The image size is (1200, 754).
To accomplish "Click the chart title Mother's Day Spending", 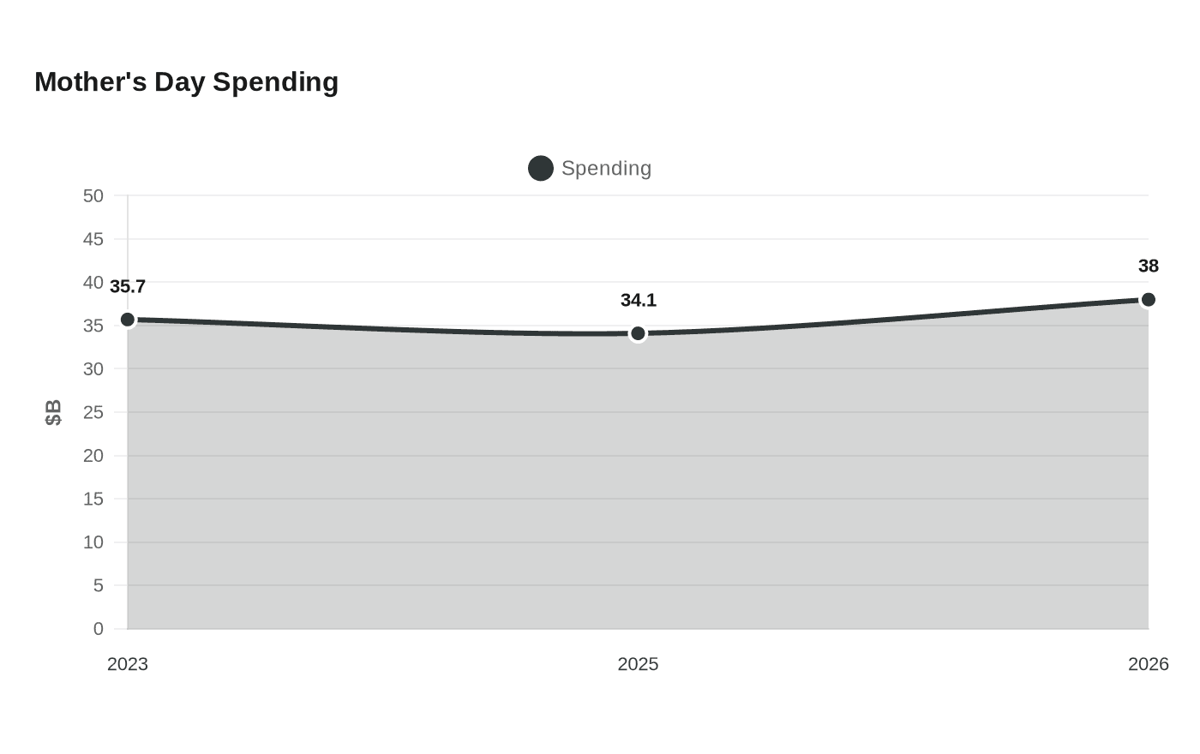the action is coord(187,82).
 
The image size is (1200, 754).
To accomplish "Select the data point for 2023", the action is coord(128,320).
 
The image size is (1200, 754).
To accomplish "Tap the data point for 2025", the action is coord(638,333).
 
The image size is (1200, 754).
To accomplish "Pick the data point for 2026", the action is coord(1148,299).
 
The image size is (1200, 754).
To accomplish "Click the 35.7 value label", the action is coord(128,286).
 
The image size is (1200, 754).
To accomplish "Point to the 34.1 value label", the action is coord(638,301).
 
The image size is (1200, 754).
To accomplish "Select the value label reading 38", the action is coord(1148,266).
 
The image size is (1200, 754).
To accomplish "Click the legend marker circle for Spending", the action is coord(541,168).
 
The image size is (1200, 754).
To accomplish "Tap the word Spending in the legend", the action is coord(607,168).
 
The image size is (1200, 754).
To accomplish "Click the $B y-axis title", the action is coord(53,412).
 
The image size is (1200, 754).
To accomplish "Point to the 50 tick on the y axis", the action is coord(93,196).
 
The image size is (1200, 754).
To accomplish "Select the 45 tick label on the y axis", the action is coord(93,239).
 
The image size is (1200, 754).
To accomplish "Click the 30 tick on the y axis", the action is coord(93,369).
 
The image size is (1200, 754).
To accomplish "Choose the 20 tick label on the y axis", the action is coord(93,456).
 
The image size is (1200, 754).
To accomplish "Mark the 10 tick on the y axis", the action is coord(93,542).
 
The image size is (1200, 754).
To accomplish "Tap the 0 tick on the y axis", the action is coord(98,629).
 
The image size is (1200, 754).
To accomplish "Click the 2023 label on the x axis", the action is coord(128,665).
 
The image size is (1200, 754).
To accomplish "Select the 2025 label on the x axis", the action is coord(638,665).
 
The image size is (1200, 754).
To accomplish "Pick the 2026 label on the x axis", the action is coord(1148,665).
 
